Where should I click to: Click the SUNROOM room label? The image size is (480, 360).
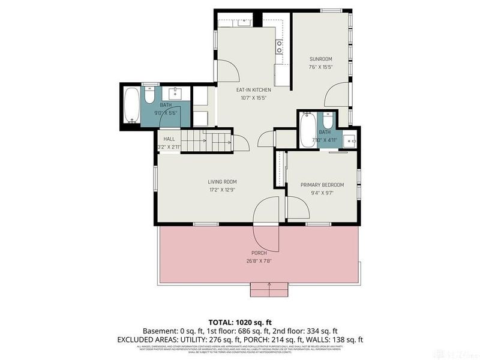[320, 59]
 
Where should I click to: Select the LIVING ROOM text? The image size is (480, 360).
[222, 182]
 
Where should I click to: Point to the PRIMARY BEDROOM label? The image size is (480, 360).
[321, 185]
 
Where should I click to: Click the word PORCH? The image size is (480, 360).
[259, 253]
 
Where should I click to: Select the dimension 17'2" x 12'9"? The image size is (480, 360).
[222, 190]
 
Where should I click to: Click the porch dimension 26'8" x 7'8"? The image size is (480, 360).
[259, 261]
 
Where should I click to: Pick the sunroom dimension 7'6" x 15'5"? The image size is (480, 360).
[320, 67]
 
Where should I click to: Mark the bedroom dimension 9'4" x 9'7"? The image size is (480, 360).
[321, 193]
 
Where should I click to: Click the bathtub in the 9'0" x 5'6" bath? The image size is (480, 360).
[131, 106]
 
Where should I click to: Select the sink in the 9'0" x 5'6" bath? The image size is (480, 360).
[176, 94]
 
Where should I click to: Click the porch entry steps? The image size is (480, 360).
[269, 290]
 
